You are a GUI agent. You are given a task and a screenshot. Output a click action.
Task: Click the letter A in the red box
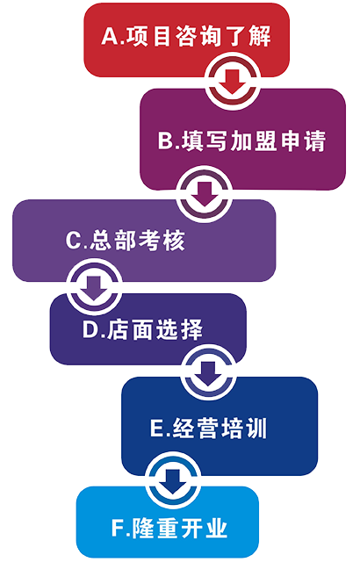click(110, 36)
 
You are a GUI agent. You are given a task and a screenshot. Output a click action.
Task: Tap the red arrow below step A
click(233, 82)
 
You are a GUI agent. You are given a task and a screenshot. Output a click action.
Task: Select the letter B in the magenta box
click(165, 140)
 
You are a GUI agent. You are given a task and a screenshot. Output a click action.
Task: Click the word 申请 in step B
click(303, 140)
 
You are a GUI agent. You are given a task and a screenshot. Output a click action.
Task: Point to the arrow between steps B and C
click(205, 194)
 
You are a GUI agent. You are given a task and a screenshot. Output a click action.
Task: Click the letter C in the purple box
click(74, 240)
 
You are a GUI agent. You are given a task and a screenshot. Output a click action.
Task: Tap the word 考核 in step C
click(162, 240)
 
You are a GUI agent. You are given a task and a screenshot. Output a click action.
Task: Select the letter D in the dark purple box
click(90, 329)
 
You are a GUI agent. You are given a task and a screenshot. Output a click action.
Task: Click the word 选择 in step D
click(179, 329)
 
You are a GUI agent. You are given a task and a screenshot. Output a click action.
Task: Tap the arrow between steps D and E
click(208, 374)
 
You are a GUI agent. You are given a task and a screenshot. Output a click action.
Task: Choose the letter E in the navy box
click(156, 428)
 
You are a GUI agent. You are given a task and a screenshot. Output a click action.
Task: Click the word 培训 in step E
click(244, 428)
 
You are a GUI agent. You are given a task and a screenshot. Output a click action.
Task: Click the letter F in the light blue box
click(117, 528)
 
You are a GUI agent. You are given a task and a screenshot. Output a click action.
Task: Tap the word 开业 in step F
click(205, 528)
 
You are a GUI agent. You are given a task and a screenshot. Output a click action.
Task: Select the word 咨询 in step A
click(198, 36)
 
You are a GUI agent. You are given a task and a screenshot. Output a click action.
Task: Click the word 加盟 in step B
click(254, 140)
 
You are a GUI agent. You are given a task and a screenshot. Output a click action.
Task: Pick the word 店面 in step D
click(130, 329)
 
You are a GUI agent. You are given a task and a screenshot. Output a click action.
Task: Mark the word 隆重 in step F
click(155, 528)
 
